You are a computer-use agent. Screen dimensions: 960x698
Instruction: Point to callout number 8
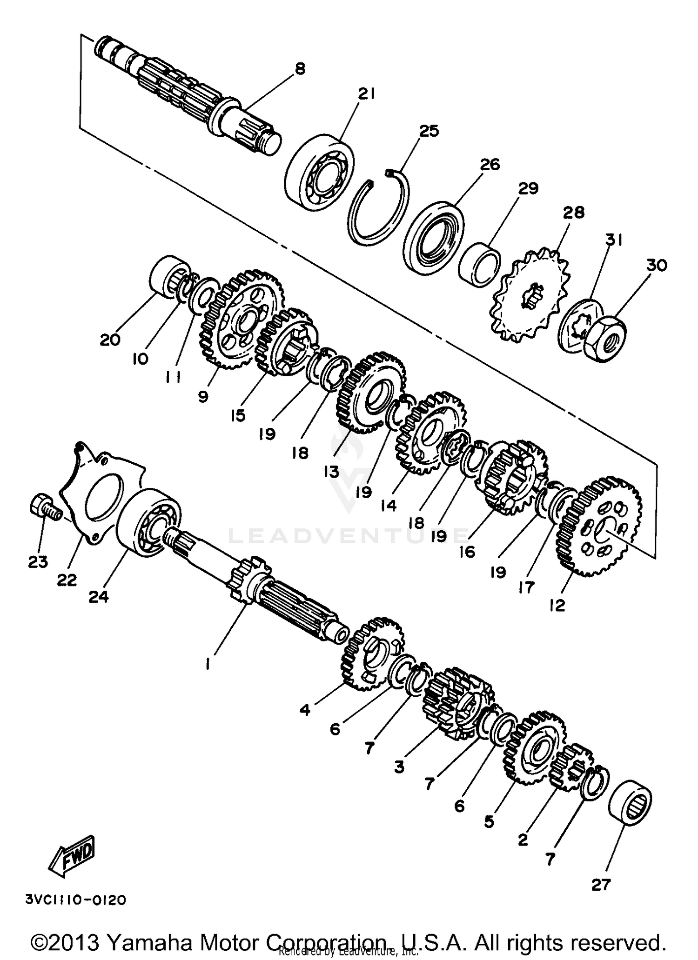300,69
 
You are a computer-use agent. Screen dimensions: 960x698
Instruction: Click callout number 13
331,472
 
